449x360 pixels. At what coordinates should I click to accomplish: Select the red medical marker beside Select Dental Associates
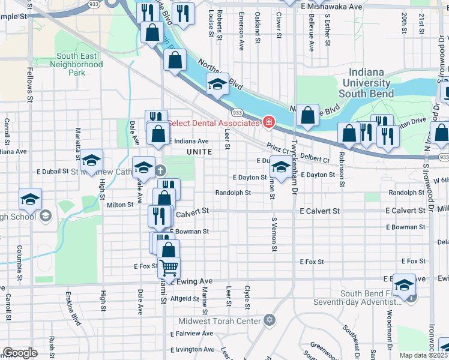coord(269,123)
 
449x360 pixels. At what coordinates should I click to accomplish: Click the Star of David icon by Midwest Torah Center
coord(269,321)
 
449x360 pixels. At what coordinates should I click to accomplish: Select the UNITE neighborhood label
coord(199,152)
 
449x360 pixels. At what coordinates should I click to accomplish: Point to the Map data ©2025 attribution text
coord(423,355)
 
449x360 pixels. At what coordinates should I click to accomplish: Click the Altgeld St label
coord(185,298)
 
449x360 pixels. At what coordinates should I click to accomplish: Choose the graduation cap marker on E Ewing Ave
coord(404,284)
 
